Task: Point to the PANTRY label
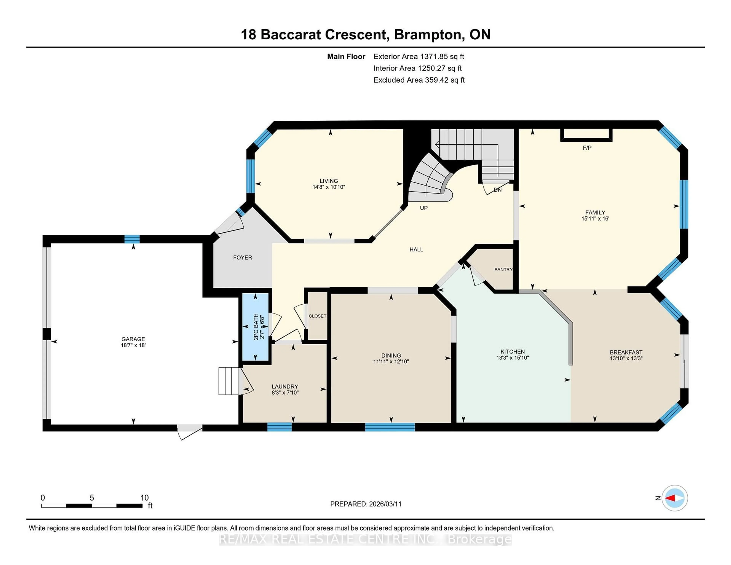(503, 269)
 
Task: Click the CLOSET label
(317, 316)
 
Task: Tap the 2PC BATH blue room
(256, 326)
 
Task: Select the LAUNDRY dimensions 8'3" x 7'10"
(285, 393)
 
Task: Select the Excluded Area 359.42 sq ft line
(419, 80)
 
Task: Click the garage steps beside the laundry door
(229, 381)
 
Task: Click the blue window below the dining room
(390, 427)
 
